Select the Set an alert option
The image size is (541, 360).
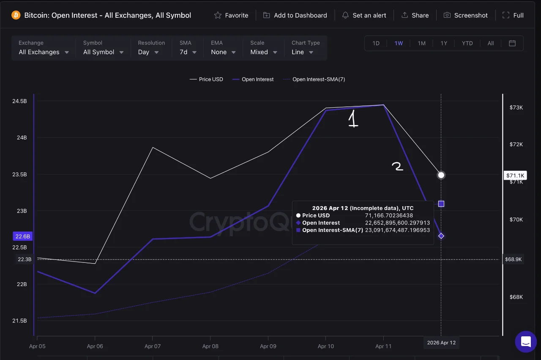pyautogui.click(x=364, y=15)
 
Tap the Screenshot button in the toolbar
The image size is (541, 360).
pyautogui.click(x=465, y=15)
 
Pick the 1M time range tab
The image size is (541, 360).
pyautogui.click(x=421, y=43)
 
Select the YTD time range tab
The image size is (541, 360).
pyautogui.click(x=467, y=43)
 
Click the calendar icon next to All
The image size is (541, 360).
pyautogui.click(x=512, y=43)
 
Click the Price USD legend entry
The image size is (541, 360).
pyautogui.click(x=206, y=79)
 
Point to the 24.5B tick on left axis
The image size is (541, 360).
pyautogui.click(x=19, y=101)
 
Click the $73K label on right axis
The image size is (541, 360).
pyautogui.click(x=516, y=107)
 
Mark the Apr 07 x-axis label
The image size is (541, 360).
pyautogui.click(x=153, y=346)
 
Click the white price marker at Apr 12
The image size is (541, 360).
pyautogui.click(x=441, y=175)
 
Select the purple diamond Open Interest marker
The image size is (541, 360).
pyautogui.click(x=441, y=236)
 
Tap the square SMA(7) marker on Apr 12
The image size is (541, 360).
pyautogui.click(x=441, y=204)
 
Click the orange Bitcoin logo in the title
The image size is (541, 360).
pyautogui.click(x=16, y=15)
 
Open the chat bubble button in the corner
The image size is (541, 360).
pyautogui.click(x=525, y=341)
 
